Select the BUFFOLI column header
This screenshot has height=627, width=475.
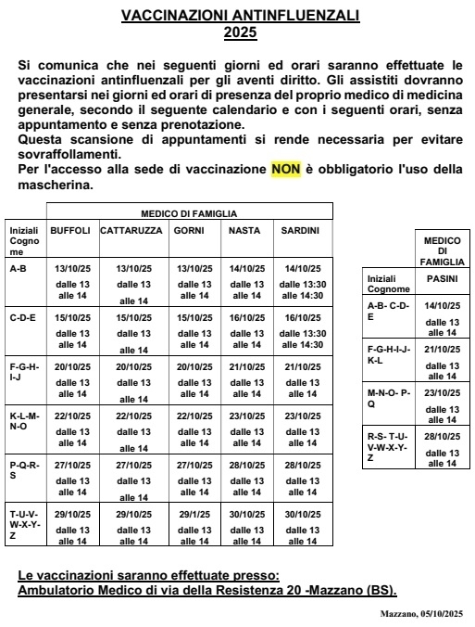click(x=70, y=230)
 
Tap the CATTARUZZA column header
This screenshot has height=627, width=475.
click(x=132, y=230)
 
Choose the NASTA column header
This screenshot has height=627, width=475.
click(x=244, y=230)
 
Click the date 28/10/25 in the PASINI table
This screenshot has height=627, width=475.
click(x=441, y=436)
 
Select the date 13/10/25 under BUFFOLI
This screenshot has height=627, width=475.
click(x=72, y=268)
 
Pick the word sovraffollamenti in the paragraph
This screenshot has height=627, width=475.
click(x=69, y=153)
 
